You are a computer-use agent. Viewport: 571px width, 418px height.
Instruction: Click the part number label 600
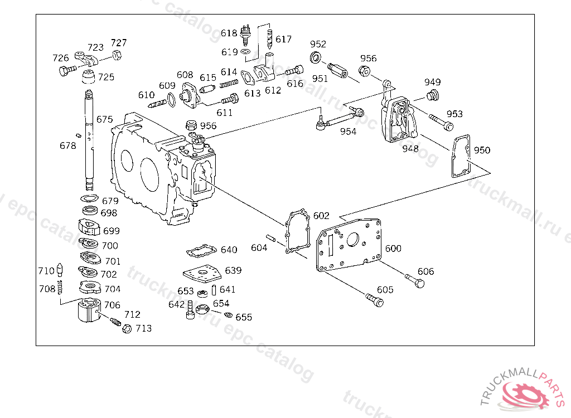point(393,249)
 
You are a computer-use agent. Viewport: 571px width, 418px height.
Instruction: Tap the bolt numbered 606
point(415,280)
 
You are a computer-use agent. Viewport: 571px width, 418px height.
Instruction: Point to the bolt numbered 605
point(375,300)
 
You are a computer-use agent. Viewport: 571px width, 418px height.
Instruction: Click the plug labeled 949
point(433,95)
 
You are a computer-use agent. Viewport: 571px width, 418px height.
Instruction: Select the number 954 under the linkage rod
point(348,132)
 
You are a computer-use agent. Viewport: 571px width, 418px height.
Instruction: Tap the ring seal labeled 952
point(316,57)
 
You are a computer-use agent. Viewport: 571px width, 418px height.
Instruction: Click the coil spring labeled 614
point(229,84)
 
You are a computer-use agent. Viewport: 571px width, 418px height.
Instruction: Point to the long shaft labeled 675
point(89,140)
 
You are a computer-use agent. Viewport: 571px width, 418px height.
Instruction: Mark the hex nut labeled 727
point(117,55)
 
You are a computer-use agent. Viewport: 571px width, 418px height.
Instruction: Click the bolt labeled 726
point(67,70)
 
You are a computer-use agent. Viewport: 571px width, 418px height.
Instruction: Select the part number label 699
point(112,231)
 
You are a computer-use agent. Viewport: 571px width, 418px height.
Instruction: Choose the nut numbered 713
point(127,329)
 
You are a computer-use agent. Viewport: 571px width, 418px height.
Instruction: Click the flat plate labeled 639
point(202,274)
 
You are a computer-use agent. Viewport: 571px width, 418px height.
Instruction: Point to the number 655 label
point(244,317)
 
